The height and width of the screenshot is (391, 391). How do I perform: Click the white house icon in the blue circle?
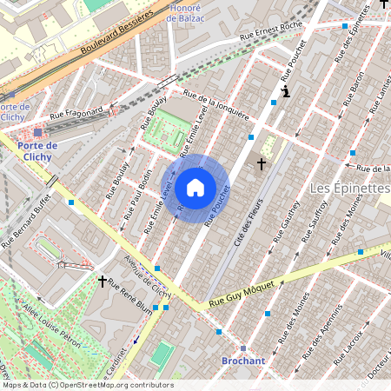[x=195, y=187]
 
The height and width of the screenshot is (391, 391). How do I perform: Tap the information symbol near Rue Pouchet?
[x=286, y=90]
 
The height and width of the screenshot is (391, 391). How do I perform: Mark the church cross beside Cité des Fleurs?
[x=261, y=163]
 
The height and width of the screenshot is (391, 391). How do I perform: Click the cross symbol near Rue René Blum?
[x=103, y=281]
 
